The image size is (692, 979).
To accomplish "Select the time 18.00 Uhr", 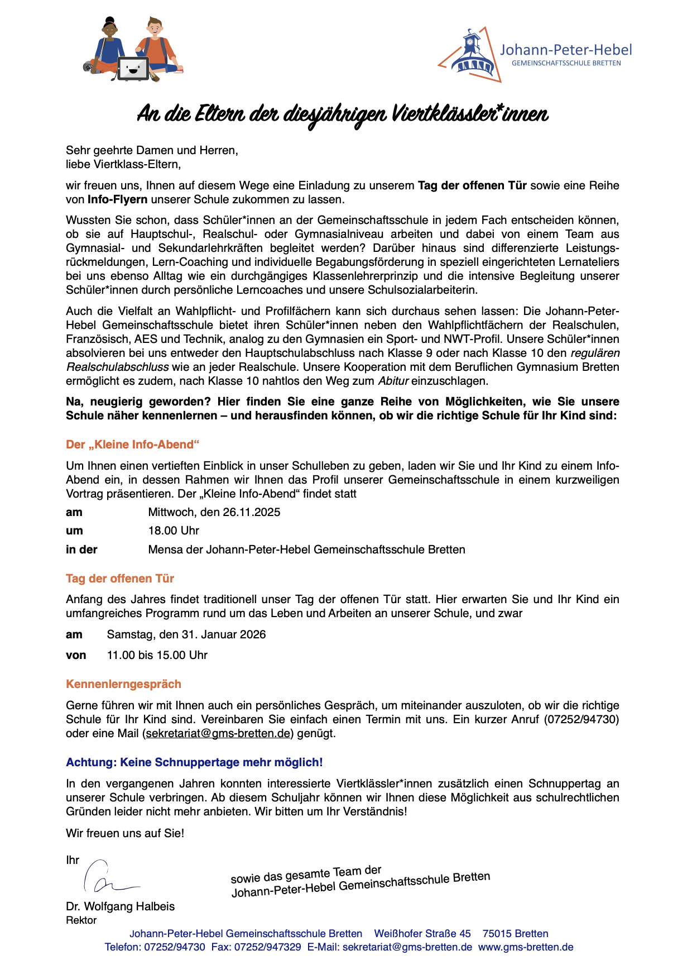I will click(x=174, y=531).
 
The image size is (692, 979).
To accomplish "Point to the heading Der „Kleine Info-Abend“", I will click(x=132, y=445).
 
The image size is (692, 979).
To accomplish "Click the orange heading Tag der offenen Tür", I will click(x=120, y=579).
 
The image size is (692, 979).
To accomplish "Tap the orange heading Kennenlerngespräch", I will click(x=123, y=684).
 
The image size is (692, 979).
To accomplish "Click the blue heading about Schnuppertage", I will click(x=194, y=762).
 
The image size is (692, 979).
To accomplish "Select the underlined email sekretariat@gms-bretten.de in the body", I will click(x=218, y=733).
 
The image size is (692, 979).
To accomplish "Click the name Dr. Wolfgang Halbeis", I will click(x=120, y=906).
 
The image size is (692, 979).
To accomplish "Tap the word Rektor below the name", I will click(x=81, y=920).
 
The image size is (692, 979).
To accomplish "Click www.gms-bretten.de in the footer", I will click(x=526, y=947).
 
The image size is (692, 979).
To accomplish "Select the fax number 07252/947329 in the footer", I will click(x=267, y=947).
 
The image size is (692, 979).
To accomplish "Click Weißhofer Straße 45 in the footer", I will click(x=422, y=934).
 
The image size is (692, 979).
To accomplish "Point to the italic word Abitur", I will click(x=393, y=381).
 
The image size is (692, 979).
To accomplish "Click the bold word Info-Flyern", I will click(x=118, y=199).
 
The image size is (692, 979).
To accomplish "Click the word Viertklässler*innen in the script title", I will click(x=470, y=114).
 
